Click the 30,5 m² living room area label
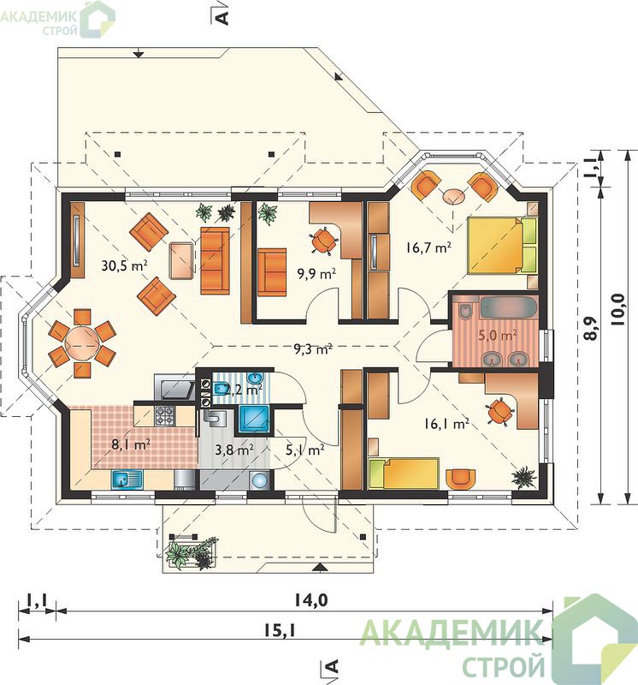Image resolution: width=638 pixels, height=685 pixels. pos(124,265)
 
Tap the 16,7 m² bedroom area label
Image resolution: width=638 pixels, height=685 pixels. pos(428,247)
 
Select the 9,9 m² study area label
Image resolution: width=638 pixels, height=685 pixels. pos(316,274)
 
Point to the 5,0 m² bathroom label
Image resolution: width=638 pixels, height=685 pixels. pos(498,336)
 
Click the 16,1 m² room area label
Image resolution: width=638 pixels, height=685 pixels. pos(446,423)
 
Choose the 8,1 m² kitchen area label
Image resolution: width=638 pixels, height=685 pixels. pos(131,444)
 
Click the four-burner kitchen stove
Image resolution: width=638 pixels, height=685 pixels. pos(165,416)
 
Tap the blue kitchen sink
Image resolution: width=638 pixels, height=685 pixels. pos(127,479)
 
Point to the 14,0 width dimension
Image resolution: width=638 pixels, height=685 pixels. pos(310,601)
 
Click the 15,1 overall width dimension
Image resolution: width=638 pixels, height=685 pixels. pos(280,630)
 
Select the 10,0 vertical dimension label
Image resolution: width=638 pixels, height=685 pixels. pos(619,310)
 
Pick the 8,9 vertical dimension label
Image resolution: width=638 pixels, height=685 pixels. pos(591,328)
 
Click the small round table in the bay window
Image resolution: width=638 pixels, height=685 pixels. pos(454,196)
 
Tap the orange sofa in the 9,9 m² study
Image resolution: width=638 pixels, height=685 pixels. pos(272,272)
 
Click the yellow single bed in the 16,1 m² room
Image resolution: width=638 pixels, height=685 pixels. pos(403,474)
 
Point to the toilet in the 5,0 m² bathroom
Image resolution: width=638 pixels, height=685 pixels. pos(465,310)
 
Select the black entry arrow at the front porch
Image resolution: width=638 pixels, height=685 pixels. pos(320,568)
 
